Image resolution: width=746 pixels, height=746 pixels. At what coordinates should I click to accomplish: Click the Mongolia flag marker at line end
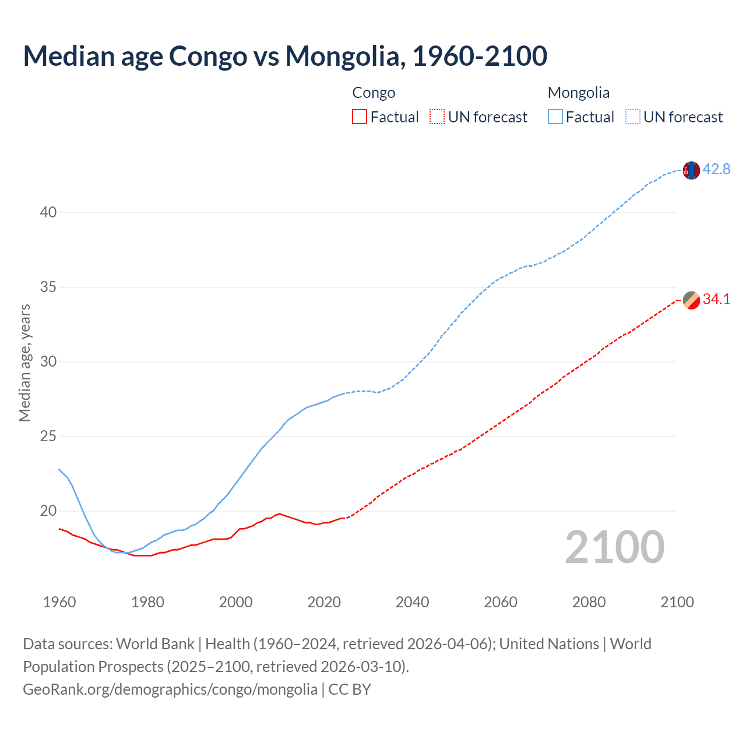pos(691,170)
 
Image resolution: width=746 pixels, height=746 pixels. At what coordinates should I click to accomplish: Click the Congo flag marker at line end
pos(691,300)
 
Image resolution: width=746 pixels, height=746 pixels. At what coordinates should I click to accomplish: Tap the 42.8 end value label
pos(716,169)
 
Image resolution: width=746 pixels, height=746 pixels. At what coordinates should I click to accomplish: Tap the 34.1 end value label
pos(716,299)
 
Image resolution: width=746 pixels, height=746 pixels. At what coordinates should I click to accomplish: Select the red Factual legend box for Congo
pos(360,117)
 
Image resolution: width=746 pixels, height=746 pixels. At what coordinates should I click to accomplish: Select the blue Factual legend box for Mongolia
pos(555,117)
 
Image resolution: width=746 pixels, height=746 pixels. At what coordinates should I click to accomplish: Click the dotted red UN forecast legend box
pos(437,117)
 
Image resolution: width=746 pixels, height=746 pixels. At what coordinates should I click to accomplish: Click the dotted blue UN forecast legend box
pos(632,117)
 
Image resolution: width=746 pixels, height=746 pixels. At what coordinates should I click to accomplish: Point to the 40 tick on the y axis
pos(48,212)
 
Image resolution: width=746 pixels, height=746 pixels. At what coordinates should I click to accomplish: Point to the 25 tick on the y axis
pos(48,436)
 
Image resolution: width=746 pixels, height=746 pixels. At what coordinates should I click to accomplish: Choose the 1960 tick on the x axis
pos(59,602)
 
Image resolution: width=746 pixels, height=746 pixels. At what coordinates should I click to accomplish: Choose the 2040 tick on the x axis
pos(412,602)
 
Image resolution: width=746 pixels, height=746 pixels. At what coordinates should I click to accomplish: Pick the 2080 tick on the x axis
pos(589,602)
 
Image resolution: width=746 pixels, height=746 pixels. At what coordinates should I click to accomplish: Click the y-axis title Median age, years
pos(24,363)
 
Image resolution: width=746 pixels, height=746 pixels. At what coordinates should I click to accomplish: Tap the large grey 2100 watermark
pos(614,547)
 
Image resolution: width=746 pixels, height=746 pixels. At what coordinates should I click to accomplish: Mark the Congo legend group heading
pos(374,93)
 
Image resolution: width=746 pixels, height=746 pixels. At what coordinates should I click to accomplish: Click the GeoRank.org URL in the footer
pos(170,689)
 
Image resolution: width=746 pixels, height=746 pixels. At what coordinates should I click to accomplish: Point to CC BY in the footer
pos(350,689)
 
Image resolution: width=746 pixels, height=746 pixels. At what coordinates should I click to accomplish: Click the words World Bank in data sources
pos(155,644)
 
